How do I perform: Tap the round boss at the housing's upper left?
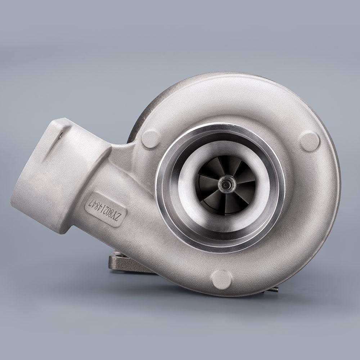point(150,139)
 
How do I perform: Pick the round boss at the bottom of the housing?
point(221,278)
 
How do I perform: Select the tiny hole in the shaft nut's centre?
point(226,183)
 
